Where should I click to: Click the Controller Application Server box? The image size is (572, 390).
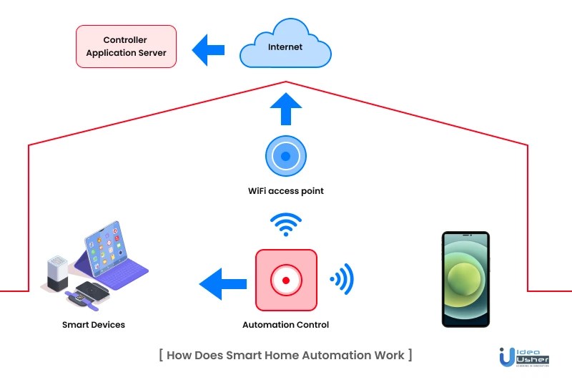[126, 47]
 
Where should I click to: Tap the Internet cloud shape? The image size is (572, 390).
[285, 47]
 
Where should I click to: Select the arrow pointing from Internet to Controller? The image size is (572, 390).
[208, 48]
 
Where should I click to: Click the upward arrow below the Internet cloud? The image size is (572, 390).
[285, 111]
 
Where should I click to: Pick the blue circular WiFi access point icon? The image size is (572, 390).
[285, 156]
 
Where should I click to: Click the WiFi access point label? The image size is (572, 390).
[285, 191]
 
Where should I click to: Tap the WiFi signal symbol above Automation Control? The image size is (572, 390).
[285, 224]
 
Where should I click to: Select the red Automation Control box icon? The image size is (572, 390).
[285, 280]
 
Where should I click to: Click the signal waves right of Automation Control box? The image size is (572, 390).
[342, 278]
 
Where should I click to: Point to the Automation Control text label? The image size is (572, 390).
[285, 325]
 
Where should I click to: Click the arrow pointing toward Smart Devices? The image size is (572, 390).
[220, 283]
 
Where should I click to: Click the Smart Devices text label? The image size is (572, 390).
[94, 325]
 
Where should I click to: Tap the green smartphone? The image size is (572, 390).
[465, 279]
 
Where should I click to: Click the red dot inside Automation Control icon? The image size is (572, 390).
[285, 281]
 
